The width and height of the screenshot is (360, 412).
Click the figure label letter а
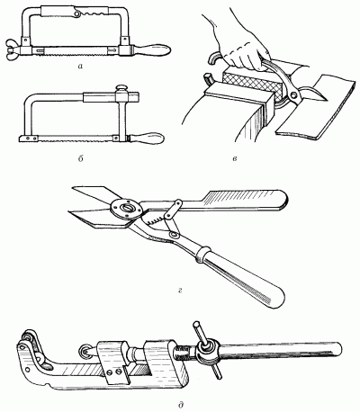tap(80, 67)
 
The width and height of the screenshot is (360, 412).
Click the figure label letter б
tap(80, 159)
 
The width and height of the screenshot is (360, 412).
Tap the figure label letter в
tap(235, 159)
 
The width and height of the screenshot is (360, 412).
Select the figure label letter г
tap(180, 290)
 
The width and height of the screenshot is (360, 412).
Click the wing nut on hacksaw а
tap(13, 49)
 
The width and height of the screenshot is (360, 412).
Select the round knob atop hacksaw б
tap(121, 88)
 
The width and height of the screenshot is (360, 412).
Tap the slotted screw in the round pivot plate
tap(125, 208)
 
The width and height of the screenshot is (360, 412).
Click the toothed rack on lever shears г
tap(155, 222)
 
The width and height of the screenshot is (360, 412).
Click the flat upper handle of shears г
tap(245, 201)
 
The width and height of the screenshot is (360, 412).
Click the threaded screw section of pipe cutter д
tap(184, 355)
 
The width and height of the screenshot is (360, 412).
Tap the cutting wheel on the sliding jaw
tap(85, 350)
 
